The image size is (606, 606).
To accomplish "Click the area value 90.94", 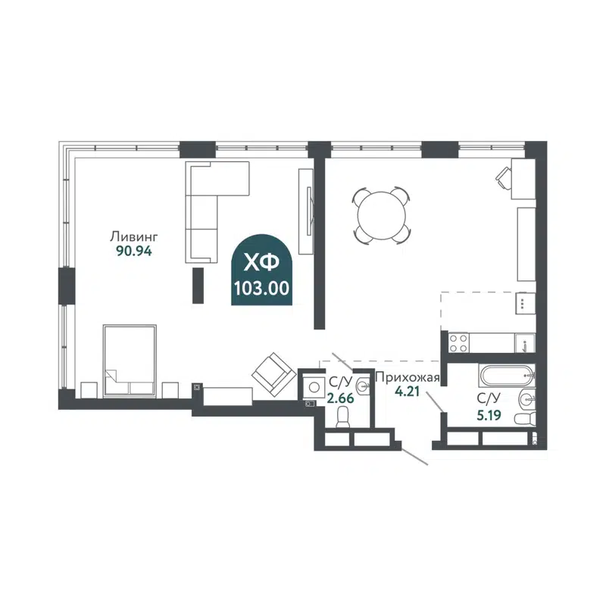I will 134,251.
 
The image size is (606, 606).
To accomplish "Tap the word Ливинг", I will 133,235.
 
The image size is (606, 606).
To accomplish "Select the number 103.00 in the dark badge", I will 261,289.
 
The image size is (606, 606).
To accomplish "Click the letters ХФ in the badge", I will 261,263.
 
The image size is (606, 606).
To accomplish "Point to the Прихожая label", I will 402,377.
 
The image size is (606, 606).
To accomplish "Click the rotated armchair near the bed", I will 273,373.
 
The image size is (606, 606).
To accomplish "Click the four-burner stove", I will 458,343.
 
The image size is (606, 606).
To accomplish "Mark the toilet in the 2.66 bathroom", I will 342,418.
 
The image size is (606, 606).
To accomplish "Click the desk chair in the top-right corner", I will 504,176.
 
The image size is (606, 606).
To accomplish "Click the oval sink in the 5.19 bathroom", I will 525,398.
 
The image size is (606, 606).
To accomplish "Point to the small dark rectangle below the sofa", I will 198,286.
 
